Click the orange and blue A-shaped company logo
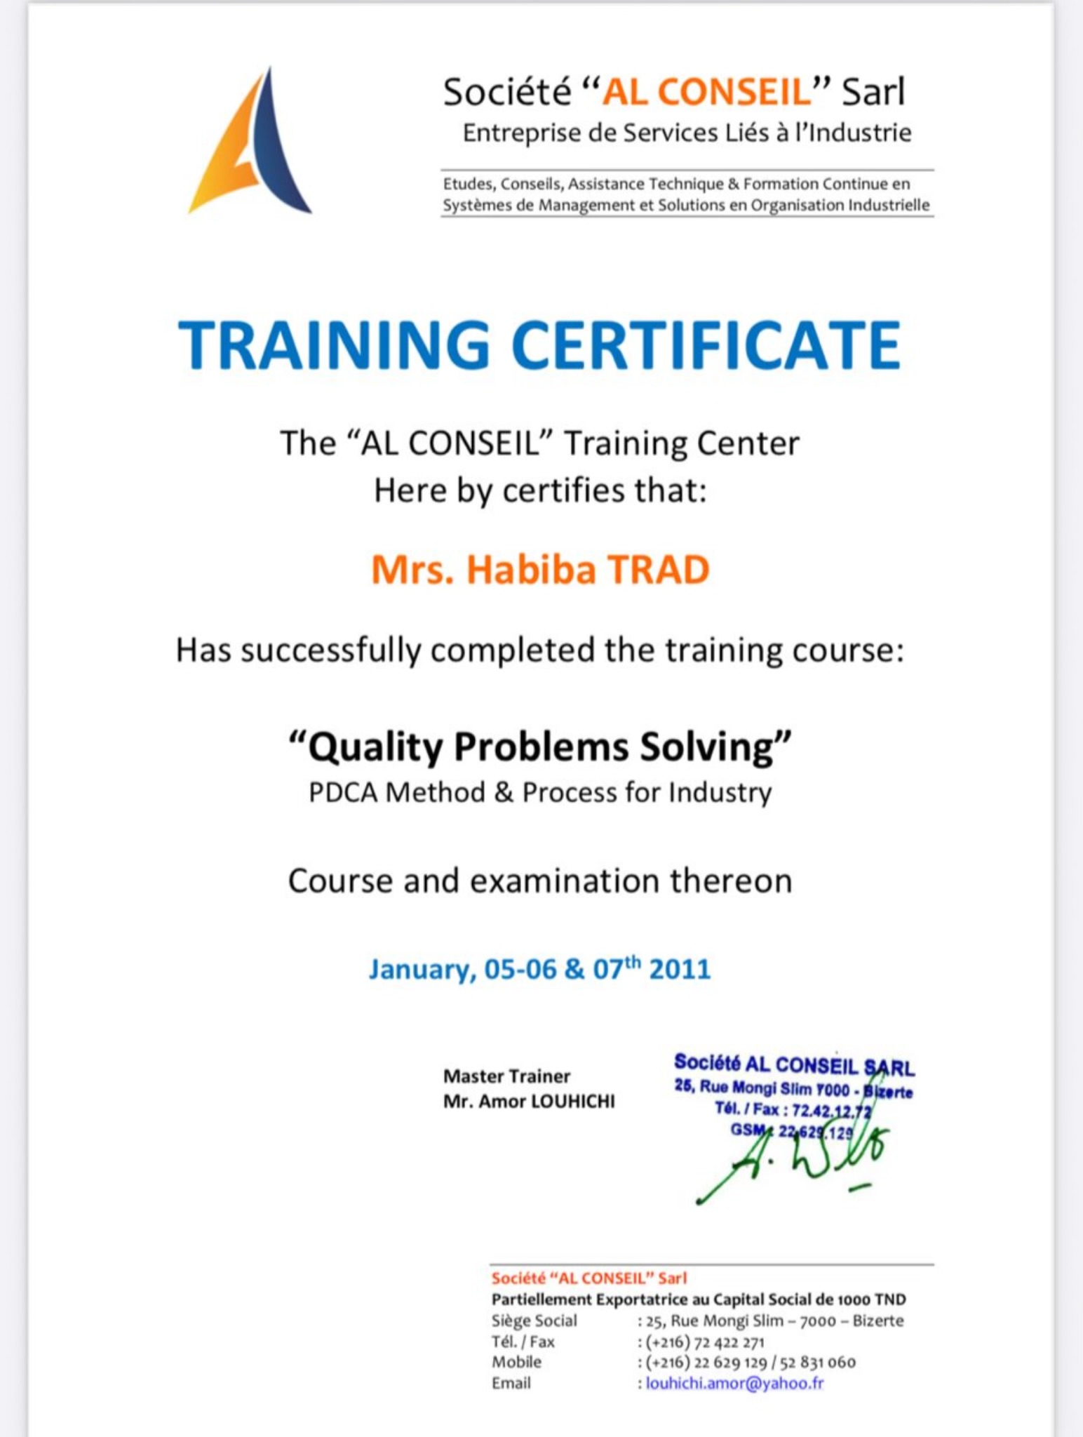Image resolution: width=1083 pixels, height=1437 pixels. [249, 141]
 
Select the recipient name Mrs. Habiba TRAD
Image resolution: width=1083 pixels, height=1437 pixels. [540, 569]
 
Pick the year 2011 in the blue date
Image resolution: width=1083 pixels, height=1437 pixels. [680, 969]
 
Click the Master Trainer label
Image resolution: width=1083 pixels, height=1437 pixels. [506, 1076]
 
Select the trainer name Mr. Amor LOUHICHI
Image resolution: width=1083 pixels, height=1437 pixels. [529, 1102]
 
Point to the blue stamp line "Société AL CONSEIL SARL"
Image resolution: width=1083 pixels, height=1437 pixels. [794, 1066]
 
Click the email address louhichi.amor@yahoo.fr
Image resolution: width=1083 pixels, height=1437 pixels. [734, 1383]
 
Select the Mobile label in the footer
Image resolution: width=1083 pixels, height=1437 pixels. [516, 1362]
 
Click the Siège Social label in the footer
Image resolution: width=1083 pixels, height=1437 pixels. [534, 1321]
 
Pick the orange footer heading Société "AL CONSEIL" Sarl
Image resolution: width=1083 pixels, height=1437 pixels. [589, 1278]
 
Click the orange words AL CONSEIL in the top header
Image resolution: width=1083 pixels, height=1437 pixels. [706, 92]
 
